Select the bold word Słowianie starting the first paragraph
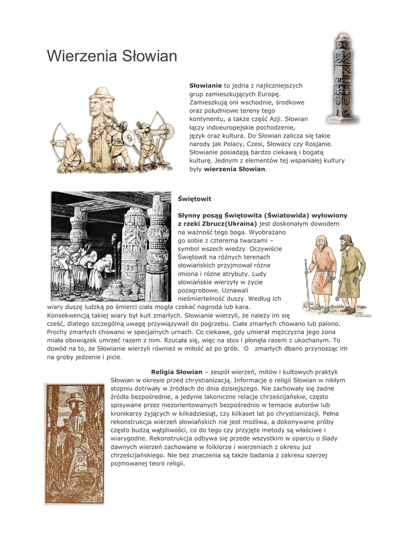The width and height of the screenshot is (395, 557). pyautogui.click(x=205, y=86)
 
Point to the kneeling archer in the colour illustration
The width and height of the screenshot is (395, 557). pyautogui.click(x=69, y=147)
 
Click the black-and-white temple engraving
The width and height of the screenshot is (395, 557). pyautogui.click(x=111, y=246)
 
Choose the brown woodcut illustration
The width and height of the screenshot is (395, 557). pyautogui.click(x=74, y=443)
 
